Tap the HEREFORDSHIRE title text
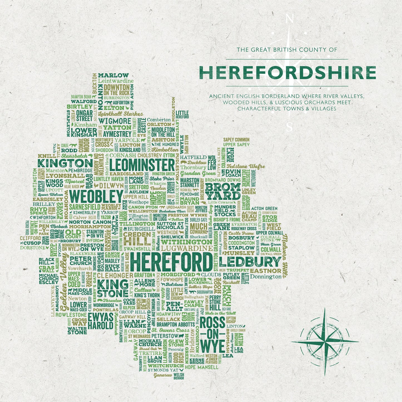(x=287, y=73)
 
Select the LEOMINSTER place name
(x=142, y=165)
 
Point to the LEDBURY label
(x=250, y=262)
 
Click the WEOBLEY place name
(x=96, y=197)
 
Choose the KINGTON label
(x=65, y=163)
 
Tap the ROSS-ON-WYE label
(x=213, y=335)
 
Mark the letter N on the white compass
(x=290, y=19)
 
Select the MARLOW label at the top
(x=113, y=75)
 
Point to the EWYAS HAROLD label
(x=100, y=321)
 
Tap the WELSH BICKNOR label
(x=179, y=376)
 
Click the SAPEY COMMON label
(x=236, y=140)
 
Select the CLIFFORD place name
(x=30, y=238)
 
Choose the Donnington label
(x=266, y=277)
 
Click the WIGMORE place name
(x=115, y=121)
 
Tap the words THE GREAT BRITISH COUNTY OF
(x=287, y=50)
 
